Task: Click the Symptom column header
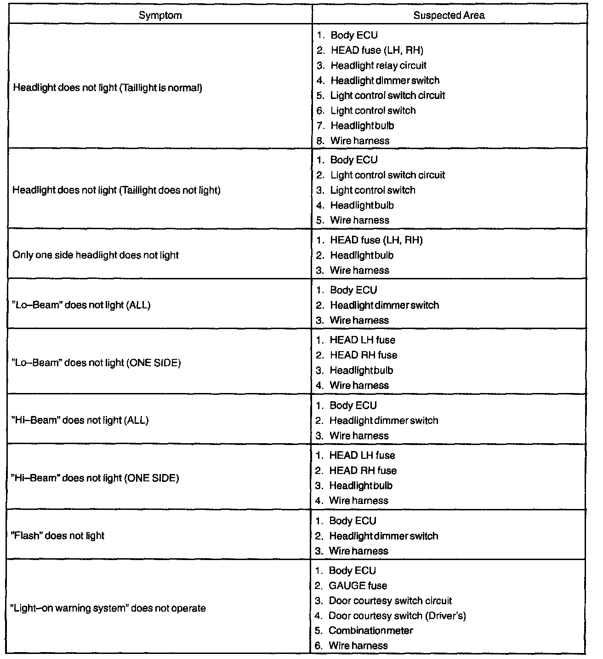click(160, 15)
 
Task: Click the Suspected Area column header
click(449, 15)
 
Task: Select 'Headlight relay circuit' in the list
click(378, 65)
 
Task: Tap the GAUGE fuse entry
click(358, 585)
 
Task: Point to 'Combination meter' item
click(370, 630)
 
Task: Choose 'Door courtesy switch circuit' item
click(390, 601)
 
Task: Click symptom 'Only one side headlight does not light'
click(96, 255)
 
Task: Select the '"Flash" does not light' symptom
click(57, 536)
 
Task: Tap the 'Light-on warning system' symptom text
click(108, 608)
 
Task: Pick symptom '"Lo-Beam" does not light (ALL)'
click(81, 305)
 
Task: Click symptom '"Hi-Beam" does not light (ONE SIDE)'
click(95, 478)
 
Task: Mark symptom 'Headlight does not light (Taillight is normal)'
click(108, 87)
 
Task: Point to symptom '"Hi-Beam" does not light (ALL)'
click(80, 420)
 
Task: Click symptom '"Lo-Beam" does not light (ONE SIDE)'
click(96, 363)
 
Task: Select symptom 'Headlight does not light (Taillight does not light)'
click(116, 190)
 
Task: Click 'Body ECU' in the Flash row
click(353, 520)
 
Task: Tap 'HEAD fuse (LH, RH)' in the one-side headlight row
click(376, 240)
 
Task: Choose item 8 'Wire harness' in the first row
click(359, 141)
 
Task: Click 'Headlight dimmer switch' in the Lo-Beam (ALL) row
click(384, 305)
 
